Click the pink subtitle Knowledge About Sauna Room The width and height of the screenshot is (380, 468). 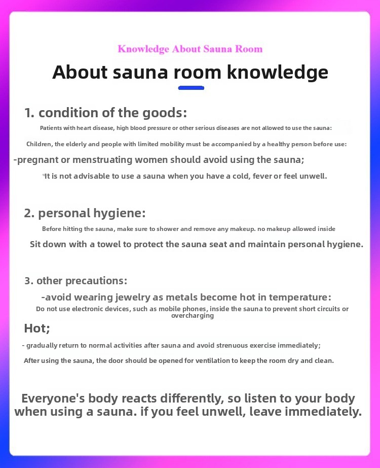point(190,49)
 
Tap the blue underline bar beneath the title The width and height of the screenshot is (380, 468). point(191,88)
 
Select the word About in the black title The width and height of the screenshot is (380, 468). point(80,72)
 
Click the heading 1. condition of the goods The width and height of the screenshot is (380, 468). point(106,112)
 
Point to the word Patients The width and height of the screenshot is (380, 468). point(52,128)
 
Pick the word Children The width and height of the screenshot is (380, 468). point(40,144)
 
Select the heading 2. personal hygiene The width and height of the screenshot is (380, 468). point(85,213)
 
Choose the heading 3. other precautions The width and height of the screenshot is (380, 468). point(75,280)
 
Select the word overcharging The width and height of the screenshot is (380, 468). point(193,316)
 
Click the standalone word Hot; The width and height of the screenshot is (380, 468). point(37,328)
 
